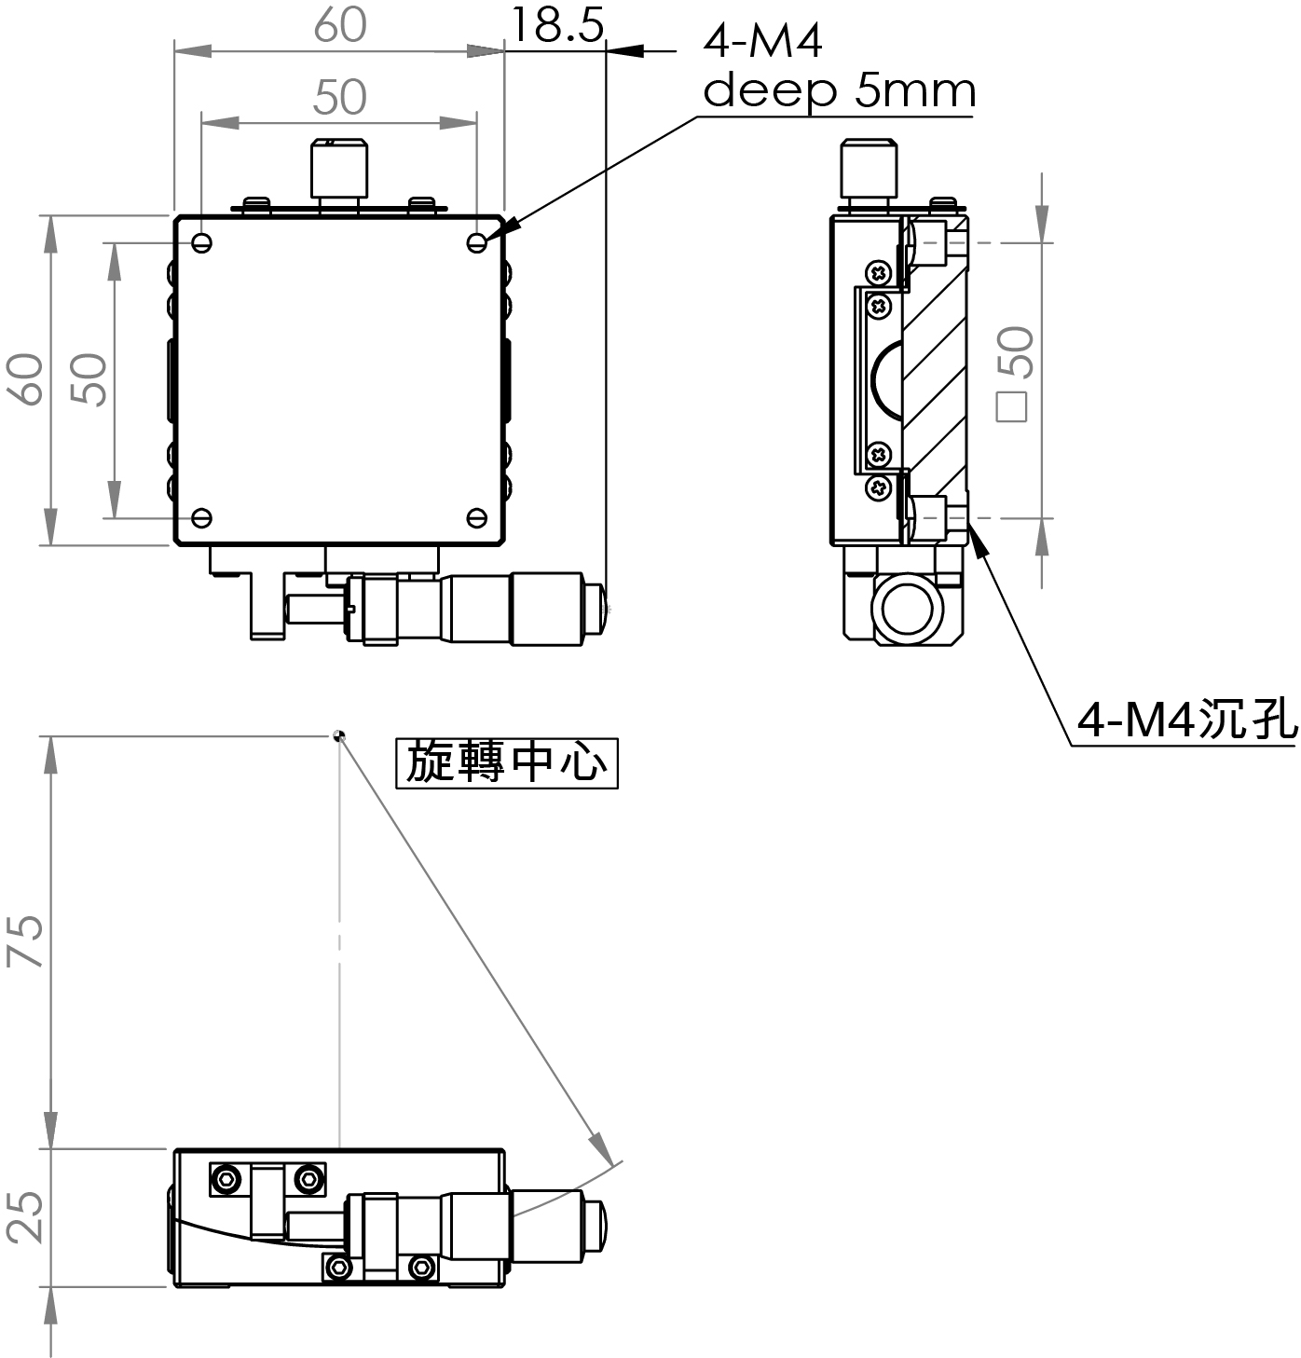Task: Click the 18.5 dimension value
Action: pos(557,25)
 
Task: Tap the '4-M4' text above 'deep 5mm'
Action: pos(762,41)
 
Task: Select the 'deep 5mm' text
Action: pos(839,91)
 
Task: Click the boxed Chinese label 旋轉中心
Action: pos(507,762)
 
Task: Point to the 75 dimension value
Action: pos(25,940)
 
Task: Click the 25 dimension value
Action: pos(25,1217)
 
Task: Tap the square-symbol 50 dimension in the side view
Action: pos(1014,374)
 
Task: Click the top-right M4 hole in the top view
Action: pos(477,243)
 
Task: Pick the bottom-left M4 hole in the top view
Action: pos(201,518)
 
